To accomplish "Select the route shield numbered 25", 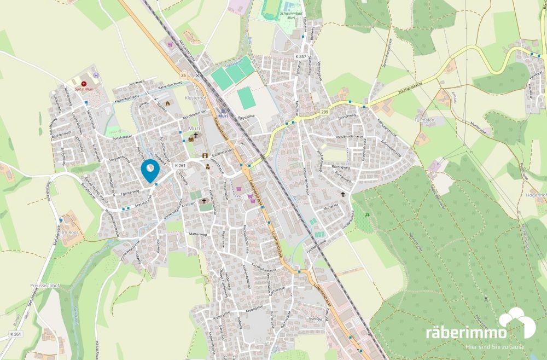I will (x=183, y=75).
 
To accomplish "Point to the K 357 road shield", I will (x=300, y=57).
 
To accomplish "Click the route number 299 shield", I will (x=324, y=112).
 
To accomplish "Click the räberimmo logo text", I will (x=465, y=332).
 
